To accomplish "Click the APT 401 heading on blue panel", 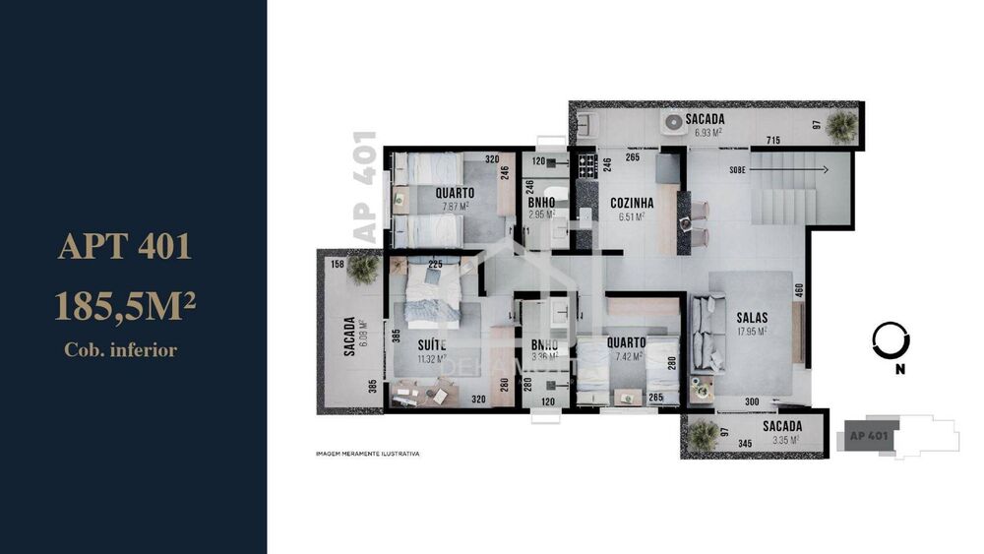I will click(124, 246).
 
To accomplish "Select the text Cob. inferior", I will click(121, 349).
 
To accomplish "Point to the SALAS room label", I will click(751, 318).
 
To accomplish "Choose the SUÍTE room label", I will click(431, 344).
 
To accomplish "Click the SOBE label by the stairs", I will click(736, 169).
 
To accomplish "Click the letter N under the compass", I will click(899, 371).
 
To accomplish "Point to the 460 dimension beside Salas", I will click(799, 291).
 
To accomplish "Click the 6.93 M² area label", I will click(705, 131).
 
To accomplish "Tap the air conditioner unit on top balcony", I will click(675, 123).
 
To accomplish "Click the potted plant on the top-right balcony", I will click(841, 125).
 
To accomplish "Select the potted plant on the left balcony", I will click(363, 269).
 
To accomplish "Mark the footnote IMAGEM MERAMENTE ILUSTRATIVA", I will click(367, 455).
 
